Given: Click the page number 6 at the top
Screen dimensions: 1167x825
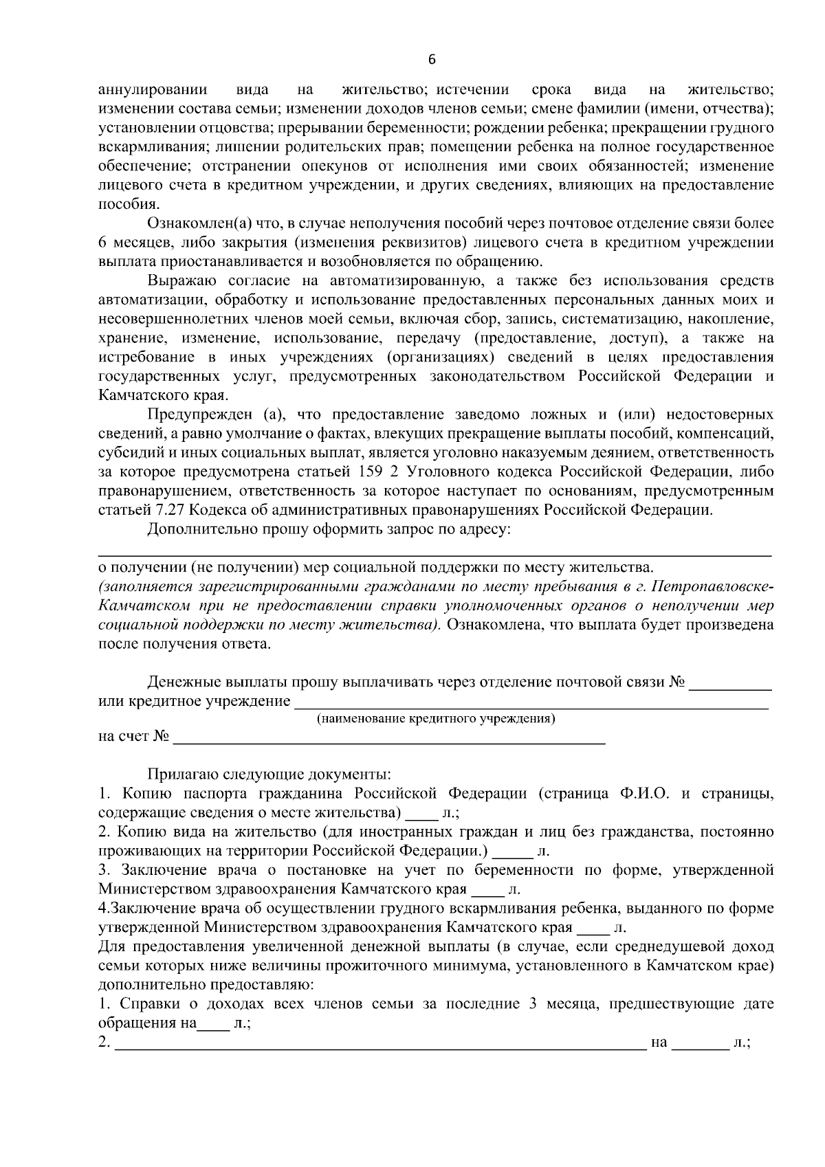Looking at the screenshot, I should [432, 60].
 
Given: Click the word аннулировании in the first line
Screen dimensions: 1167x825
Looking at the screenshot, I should [153, 90].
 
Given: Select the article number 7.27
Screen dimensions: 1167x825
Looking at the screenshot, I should [168, 511].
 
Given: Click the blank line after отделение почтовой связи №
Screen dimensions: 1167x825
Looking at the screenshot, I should [729, 687].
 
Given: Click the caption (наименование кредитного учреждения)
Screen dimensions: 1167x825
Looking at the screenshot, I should [435, 719].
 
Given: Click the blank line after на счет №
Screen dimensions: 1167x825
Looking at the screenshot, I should [389, 741].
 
